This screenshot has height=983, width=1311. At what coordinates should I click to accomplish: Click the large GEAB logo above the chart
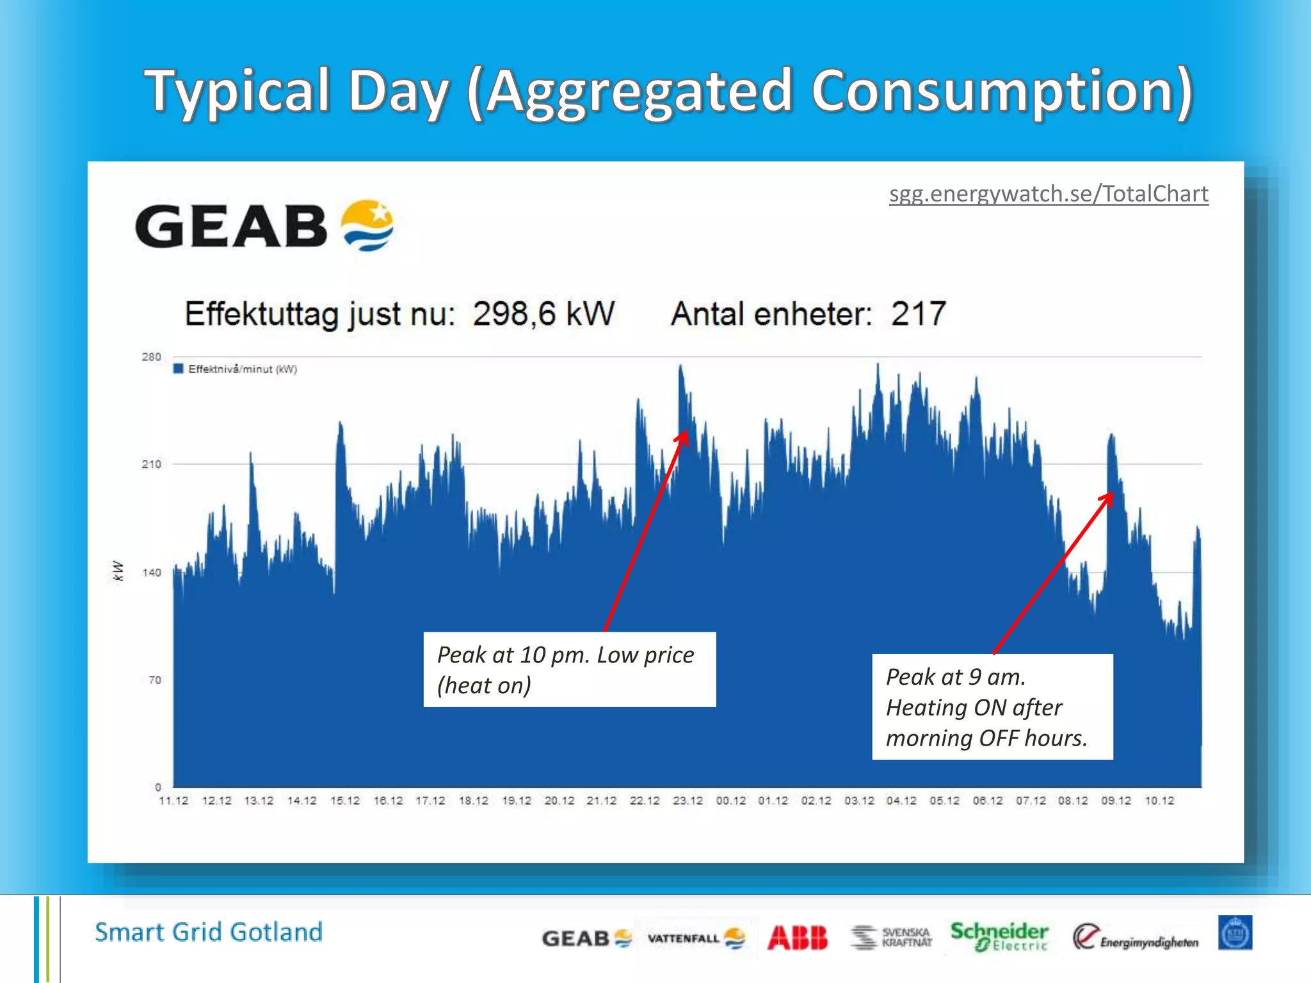[264, 226]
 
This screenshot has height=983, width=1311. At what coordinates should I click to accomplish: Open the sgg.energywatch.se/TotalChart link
[1049, 194]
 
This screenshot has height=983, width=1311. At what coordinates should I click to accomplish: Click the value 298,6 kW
[543, 314]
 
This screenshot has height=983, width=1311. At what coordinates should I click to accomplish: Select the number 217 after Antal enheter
[919, 314]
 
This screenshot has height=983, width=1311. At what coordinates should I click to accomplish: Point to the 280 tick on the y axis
[152, 357]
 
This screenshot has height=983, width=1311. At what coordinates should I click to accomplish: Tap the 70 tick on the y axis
[155, 680]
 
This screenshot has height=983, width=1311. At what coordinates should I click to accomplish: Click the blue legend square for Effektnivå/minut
[179, 369]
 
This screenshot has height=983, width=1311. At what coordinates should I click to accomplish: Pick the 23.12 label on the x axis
[688, 801]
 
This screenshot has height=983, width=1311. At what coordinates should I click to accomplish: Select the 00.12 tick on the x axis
[730, 801]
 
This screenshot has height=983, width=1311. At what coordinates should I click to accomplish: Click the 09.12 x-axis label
[1116, 801]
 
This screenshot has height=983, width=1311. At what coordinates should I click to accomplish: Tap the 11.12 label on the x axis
[173, 801]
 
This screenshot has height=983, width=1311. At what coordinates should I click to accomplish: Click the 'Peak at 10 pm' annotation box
[569, 669]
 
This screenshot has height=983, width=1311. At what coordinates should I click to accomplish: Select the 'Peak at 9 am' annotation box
[992, 707]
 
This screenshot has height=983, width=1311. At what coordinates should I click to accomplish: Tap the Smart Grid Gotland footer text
[209, 932]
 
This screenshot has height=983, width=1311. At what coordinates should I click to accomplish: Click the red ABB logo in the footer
[798, 938]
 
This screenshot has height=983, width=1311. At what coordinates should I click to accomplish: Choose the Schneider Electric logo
[999, 936]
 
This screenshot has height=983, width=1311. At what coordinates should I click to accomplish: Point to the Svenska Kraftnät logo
[891, 938]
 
